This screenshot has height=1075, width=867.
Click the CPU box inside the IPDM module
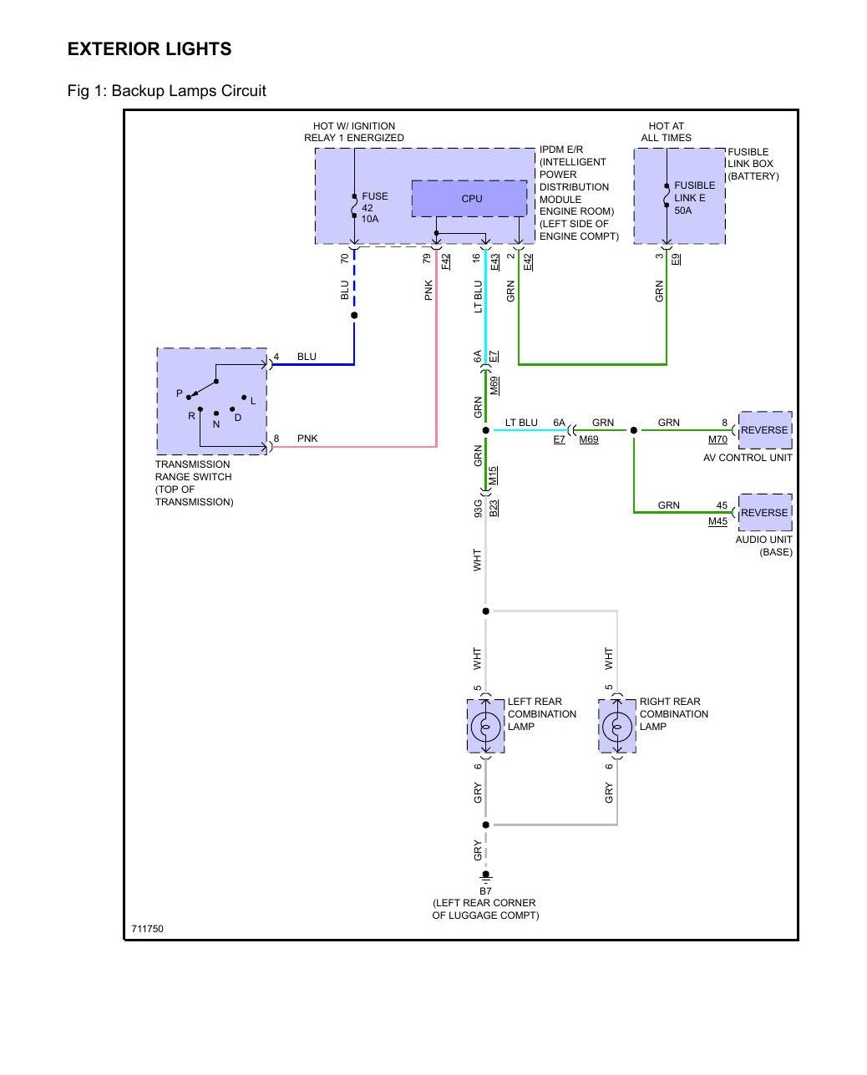(469, 198)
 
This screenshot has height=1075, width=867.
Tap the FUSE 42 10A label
(375, 207)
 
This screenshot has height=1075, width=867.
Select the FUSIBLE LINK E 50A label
(694, 198)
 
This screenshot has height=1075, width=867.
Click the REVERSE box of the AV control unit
(764, 429)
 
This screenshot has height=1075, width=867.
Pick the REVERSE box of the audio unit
(764, 512)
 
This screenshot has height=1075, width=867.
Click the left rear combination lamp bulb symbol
(485, 727)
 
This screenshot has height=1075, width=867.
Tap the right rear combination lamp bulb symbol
(617, 727)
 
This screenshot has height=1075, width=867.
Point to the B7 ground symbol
(485, 875)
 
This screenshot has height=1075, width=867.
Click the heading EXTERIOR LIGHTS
(150, 49)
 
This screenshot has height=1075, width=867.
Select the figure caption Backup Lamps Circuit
(189, 91)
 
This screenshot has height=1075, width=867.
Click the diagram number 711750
(147, 929)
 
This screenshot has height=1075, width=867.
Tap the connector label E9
(676, 259)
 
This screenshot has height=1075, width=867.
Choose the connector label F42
(446, 261)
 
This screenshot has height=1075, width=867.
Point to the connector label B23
(493, 508)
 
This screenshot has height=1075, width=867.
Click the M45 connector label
(717, 521)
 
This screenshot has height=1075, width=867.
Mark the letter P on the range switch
(180, 393)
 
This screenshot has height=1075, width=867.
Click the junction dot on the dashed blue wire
(354, 315)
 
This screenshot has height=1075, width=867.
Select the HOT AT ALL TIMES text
(666, 132)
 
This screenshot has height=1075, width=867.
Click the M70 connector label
(717, 439)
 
